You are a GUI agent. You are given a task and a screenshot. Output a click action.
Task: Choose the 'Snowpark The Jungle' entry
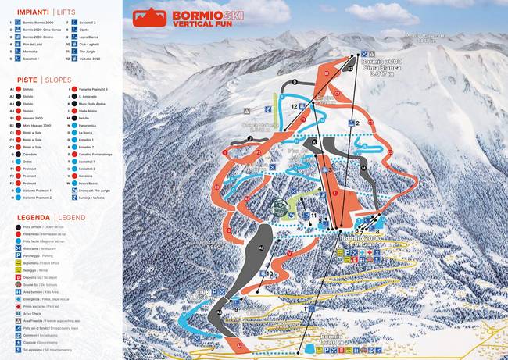(97, 191)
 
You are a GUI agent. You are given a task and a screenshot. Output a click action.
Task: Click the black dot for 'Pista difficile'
(16, 227)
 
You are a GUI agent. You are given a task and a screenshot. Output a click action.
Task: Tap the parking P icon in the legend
(16, 255)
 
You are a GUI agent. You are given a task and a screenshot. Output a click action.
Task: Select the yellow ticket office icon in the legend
(16, 264)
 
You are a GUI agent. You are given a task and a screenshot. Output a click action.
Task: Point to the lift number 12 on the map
(294, 105)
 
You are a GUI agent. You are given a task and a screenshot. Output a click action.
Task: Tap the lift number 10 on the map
(269, 273)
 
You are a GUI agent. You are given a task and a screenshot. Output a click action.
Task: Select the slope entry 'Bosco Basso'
(91, 183)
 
